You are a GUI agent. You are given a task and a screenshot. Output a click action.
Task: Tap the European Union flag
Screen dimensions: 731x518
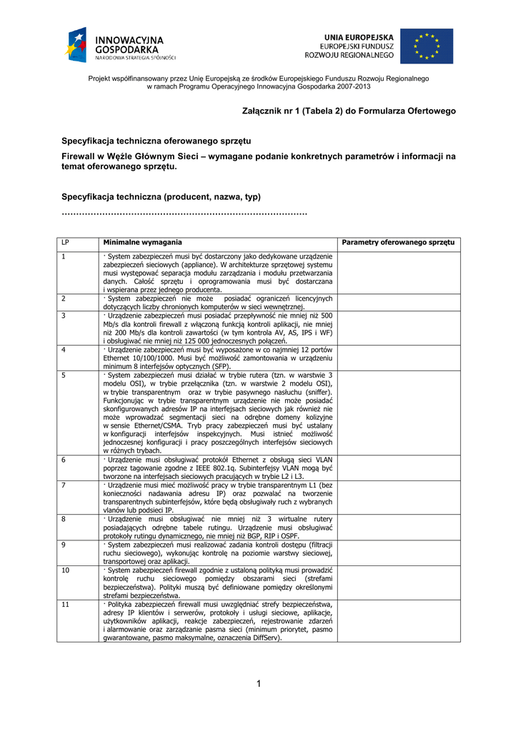point(426,46)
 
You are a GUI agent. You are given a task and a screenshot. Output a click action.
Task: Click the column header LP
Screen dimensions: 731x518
point(66,243)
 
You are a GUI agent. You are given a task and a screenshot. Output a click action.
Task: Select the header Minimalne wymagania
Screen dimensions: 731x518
point(141,243)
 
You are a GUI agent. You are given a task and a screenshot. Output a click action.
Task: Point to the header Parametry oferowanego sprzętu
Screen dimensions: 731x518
point(398,243)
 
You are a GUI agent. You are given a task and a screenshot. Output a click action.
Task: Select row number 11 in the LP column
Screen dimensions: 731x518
point(66,605)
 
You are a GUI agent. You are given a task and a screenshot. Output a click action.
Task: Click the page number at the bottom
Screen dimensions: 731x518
point(259,685)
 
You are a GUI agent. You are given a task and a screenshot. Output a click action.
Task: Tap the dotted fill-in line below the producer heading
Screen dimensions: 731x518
point(184,213)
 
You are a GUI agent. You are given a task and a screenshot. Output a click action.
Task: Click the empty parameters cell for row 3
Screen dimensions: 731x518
point(399,328)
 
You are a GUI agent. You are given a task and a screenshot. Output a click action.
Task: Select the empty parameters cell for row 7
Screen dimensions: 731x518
point(399,498)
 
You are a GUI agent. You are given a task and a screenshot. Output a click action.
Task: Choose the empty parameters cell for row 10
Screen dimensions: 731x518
point(399,583)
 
